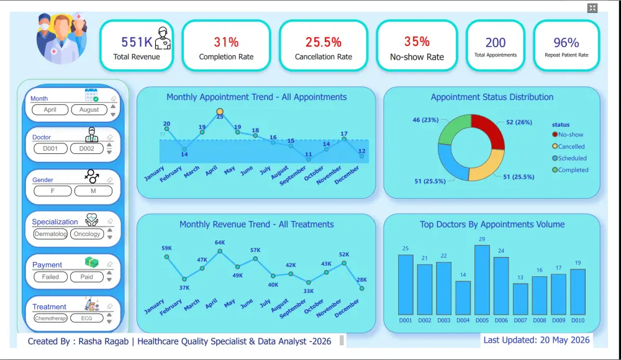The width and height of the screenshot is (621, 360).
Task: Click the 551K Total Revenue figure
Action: [137, 42]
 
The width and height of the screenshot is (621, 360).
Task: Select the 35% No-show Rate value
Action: [417, 41]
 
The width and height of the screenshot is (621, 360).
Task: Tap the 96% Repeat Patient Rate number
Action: [566, 42]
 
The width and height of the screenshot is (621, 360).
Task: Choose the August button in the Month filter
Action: [89, 110]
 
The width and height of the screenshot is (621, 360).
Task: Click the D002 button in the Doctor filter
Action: [87, 148]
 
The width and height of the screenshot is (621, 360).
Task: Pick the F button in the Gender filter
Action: [53, 191]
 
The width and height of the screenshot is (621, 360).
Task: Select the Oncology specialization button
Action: [87, 234]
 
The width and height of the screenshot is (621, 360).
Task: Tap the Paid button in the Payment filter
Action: [87, 277]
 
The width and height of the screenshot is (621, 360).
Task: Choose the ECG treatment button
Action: [87, 318]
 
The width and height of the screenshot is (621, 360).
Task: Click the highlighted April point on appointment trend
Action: [220, 112]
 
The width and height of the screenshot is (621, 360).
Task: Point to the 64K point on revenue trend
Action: [220, 251]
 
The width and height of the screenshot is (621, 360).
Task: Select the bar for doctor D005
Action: [482, 280]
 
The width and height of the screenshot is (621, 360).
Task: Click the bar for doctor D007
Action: [520, 299]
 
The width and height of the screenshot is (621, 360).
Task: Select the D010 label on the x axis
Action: [578, 320]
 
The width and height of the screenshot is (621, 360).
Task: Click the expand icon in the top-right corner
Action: [592, 8]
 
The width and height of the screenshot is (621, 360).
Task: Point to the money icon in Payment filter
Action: [91, 262]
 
